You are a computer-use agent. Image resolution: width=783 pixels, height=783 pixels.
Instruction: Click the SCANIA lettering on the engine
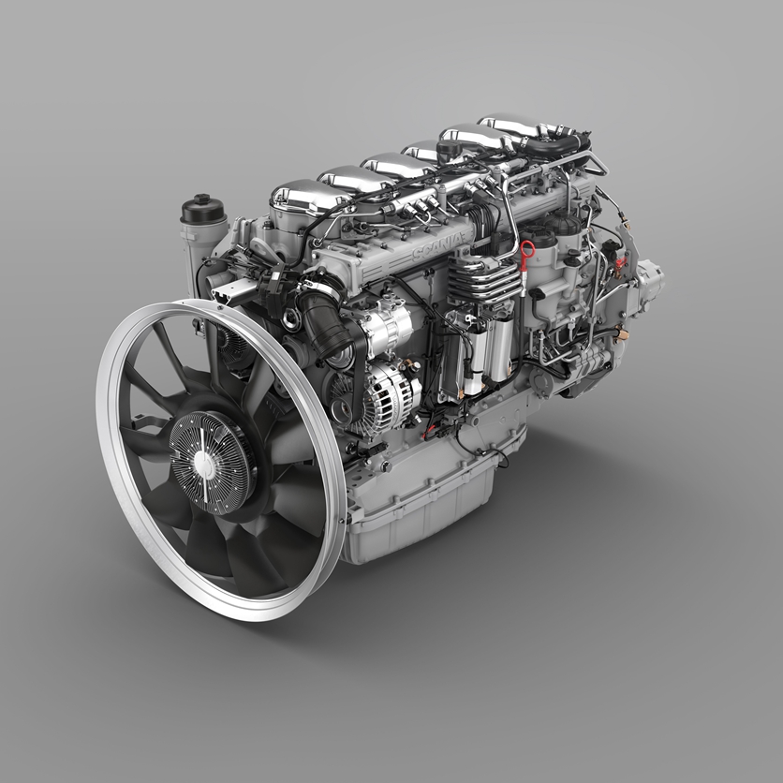point(438,245)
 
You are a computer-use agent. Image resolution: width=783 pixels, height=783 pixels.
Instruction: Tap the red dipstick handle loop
point(526,248)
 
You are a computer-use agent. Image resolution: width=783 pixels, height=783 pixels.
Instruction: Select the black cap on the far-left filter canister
point(201,209)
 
